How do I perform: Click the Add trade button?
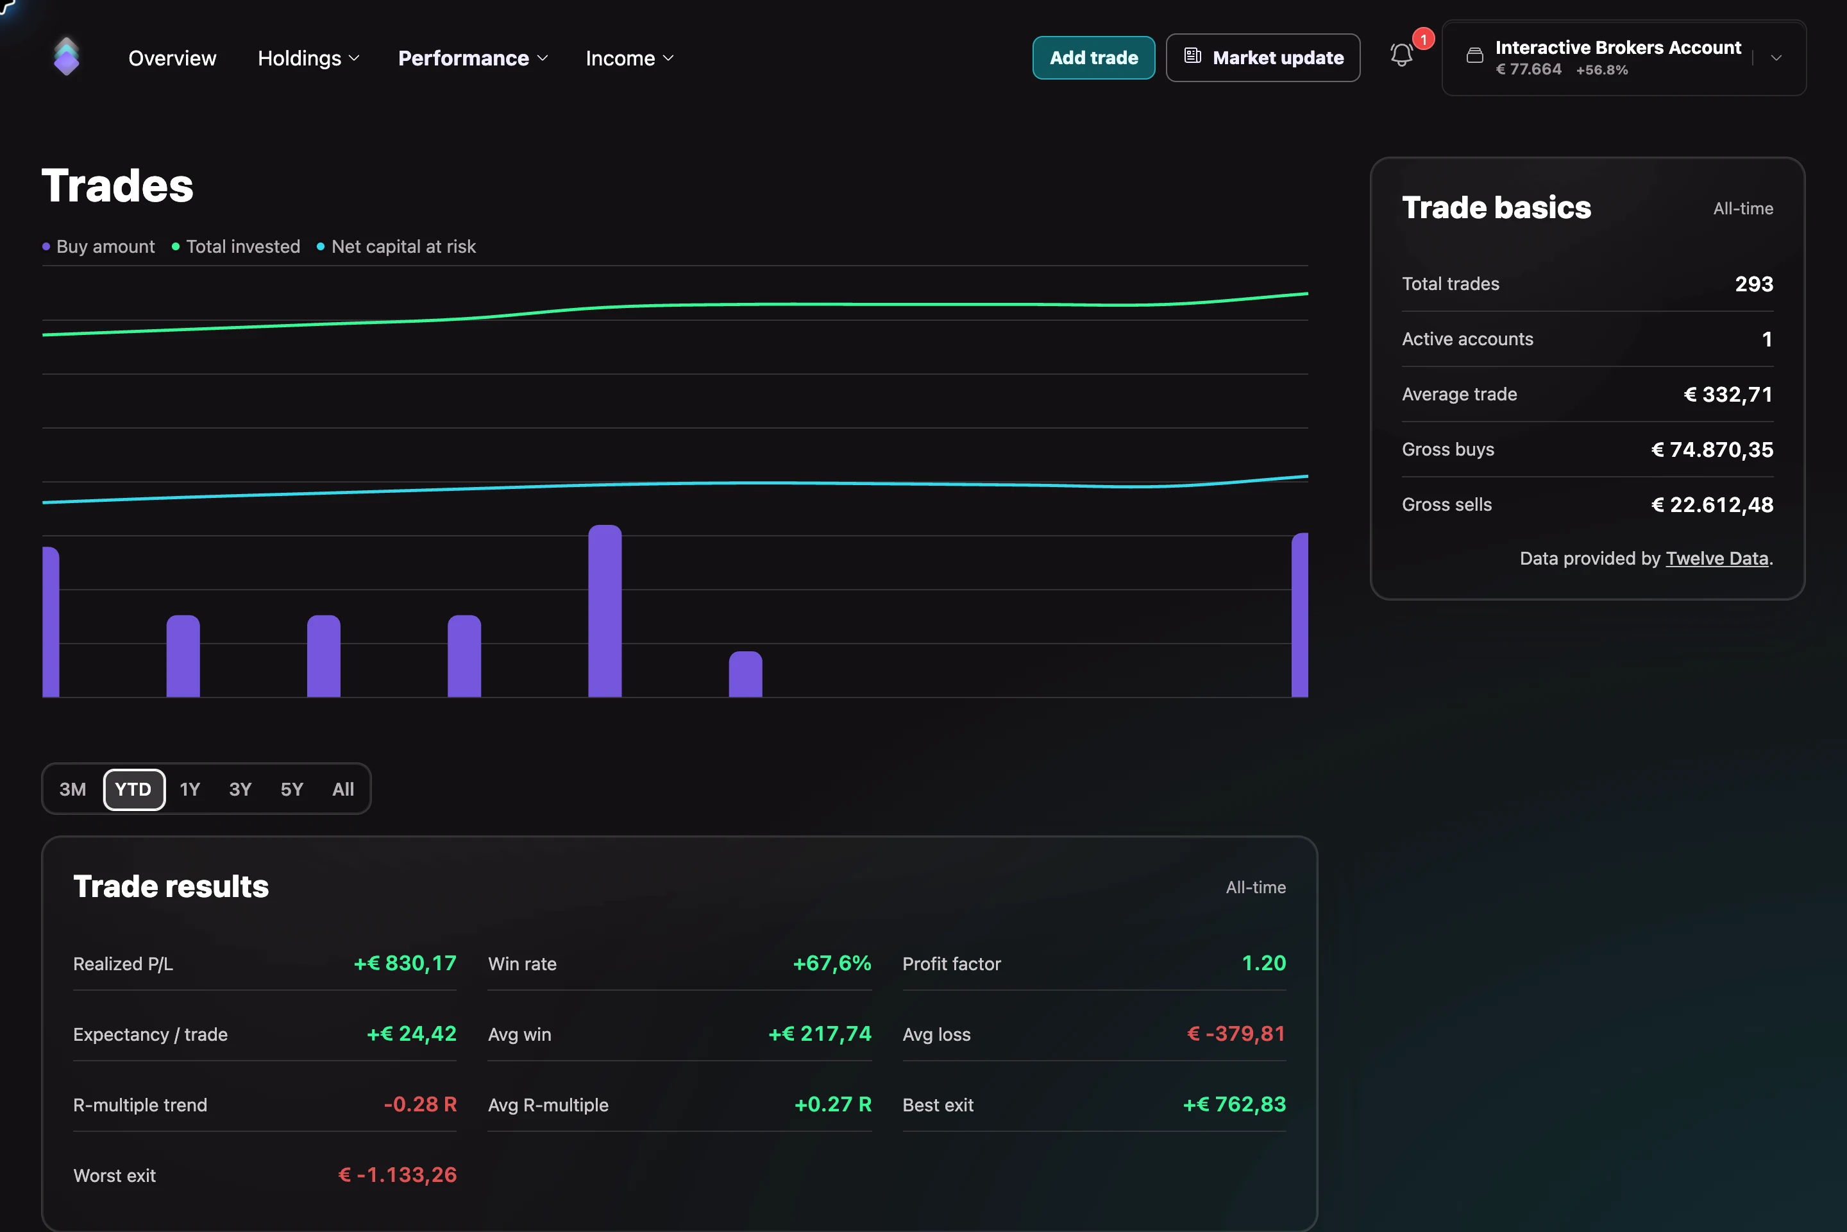[x=1093, y=57]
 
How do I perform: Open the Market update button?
[x=1263, y=57]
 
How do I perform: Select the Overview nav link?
[x=172, y=58]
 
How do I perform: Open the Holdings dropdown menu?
[x=308, y=58]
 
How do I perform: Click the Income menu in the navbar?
[x=630, y=58]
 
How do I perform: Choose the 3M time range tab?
[x=73, y=789]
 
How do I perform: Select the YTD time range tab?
[x=133, y=789]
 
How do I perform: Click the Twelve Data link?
[x=1717, y=559]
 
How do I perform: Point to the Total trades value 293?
[x=1753, y=284]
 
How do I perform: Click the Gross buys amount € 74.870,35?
[x=1712, y=449]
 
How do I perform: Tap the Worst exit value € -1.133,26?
[x=398, y=1175]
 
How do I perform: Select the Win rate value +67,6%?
[x=832, y=963]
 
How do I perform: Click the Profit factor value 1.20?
[x=1263, y=963]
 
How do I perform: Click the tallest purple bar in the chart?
[x=605, y=610]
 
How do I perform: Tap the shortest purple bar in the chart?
[x=745, y=674]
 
